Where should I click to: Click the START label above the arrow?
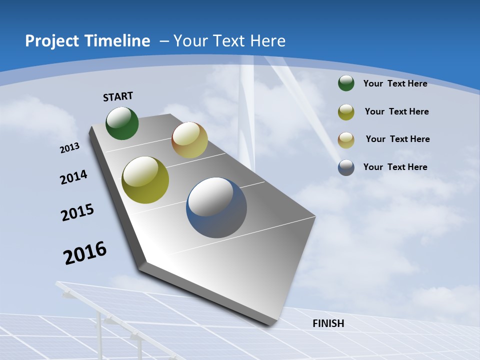pos(118,96)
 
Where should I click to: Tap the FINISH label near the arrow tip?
pos(328,323)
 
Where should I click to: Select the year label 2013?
pos(70,148)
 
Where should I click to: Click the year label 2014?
pos(74,177)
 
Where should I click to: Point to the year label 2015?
pos(77,212)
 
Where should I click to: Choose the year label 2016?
pos(85,253)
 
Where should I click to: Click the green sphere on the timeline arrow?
pos(122,123)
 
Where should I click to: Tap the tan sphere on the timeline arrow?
pos(189,140)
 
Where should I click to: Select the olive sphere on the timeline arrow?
pos(145,180)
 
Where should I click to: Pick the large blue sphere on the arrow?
pos(216,207)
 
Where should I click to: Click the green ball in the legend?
pos(346,83)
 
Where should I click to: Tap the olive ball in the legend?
pos(346,112)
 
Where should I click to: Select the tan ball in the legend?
pos(346,140)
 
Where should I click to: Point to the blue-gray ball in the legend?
pos(346,167)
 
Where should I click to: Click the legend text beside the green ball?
pos(395,83)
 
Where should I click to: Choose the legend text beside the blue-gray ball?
pos(395,167)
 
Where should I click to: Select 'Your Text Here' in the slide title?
pos(229,41)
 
